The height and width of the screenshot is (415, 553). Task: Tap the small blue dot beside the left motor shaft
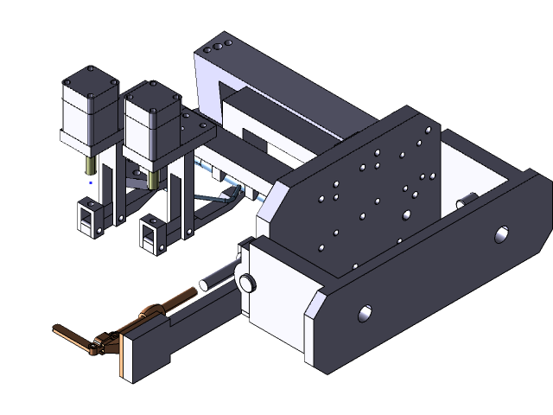92,182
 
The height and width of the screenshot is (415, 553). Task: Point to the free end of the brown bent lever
59,329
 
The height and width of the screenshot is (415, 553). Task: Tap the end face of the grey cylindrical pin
205,283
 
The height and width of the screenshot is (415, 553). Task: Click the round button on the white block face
247,282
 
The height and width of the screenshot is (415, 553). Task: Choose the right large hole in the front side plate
502,233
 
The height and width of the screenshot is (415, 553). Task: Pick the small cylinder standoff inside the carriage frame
466,200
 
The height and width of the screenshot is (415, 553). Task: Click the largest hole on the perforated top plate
407,214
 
